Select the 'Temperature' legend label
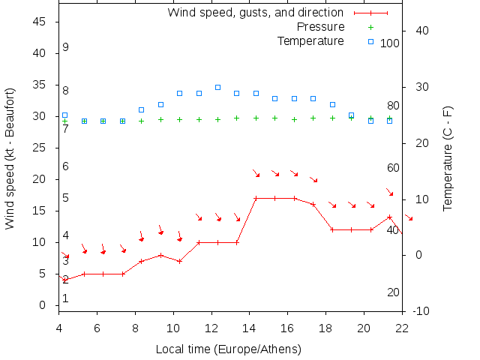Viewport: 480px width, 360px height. (310, 40)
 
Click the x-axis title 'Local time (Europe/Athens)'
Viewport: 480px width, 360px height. (228, 349)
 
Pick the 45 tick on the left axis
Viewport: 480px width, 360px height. (41, 22)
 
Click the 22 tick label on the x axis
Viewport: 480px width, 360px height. (402, 327)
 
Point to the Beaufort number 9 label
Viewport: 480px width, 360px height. (66, 47)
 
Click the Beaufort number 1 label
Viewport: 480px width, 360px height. (66, 298)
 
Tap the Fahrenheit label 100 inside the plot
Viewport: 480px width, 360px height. (390, 43)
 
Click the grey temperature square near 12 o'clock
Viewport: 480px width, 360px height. (217, 87)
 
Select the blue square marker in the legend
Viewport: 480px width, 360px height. (370, 41)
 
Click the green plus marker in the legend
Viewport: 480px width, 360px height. (370, 27)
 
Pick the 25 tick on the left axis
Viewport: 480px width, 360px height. (41, 148)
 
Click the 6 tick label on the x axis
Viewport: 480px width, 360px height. (97, 327)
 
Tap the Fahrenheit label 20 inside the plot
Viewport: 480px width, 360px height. (393, 292)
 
